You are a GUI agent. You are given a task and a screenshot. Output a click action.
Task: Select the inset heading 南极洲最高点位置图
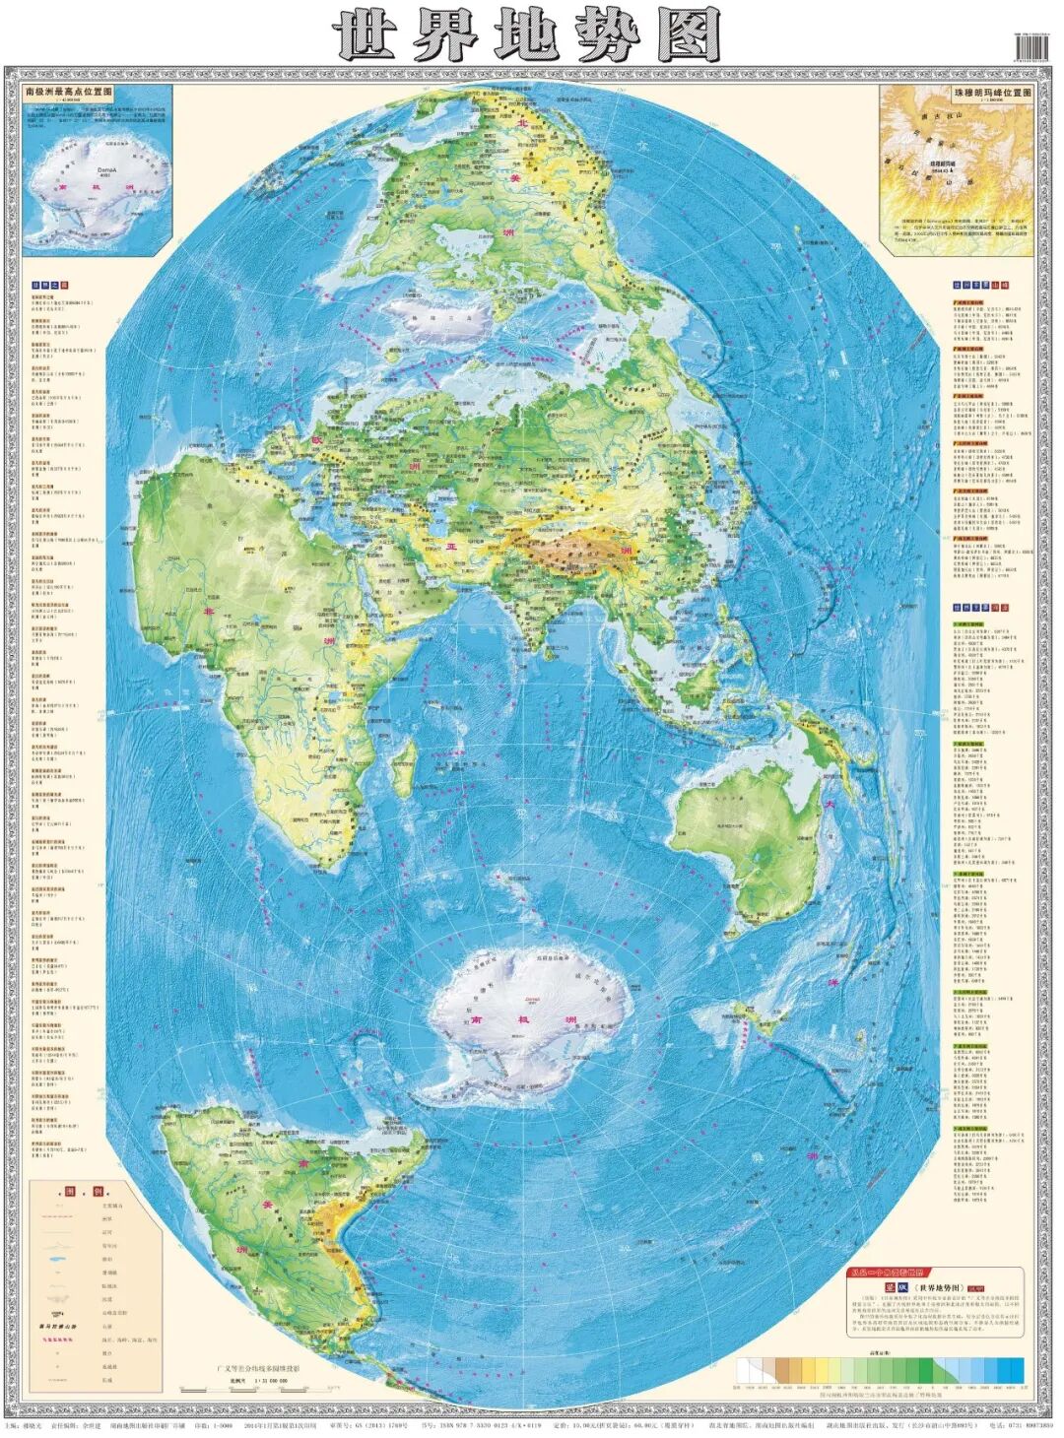point(69,92)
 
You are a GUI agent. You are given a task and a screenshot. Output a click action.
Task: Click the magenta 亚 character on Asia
point(452,545)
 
